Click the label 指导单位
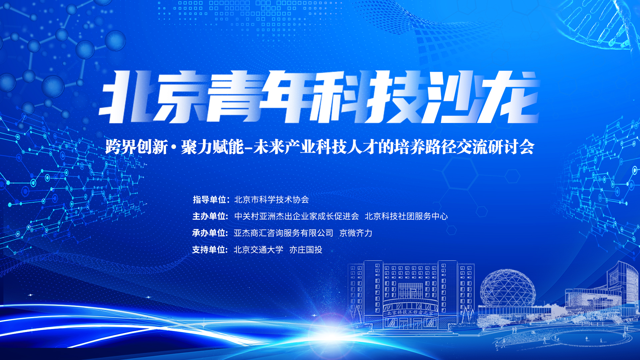click(210, 200)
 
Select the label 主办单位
click(210, 216)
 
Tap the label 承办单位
click(210, 233)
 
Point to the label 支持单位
click(210, 250)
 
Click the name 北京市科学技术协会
click(272, 200)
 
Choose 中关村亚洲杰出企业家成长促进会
click(297, 216)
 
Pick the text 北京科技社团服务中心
click(406, 216)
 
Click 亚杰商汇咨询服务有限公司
click(283, 233)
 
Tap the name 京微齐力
click(356, 233)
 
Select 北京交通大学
click(259, 250)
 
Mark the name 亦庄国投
click(306, 250)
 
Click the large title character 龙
click(510, 97)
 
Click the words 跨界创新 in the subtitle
click(137, 147)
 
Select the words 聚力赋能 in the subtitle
click(212, 147)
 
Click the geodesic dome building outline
click(507, 287)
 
